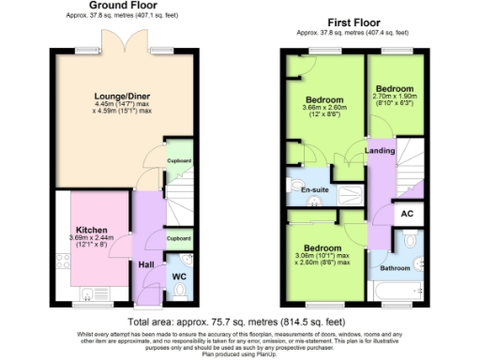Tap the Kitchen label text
(91, 229)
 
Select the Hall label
(146, 265)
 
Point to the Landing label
(380, 150)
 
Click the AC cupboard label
(406, 213)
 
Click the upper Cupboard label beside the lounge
(179, 160)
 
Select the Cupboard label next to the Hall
(179, 238)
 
